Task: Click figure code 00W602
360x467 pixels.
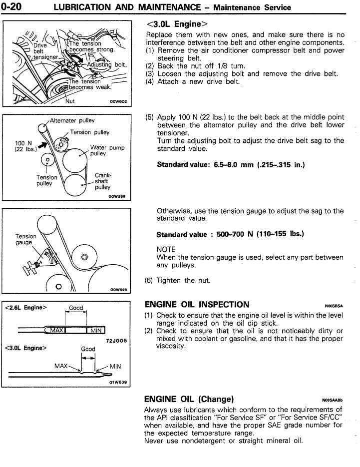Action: [x=118, y=101]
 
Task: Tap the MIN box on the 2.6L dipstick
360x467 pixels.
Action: [x=97, y=330]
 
